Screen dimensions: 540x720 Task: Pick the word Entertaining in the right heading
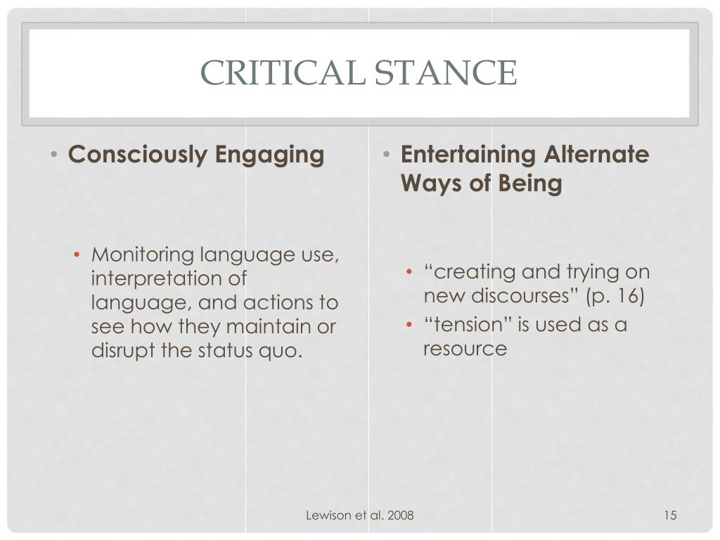coord(469,154)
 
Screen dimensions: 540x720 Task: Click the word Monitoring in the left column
coord(143,254)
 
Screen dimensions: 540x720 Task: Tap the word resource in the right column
coord(465,349)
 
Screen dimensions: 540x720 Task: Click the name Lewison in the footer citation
coord(328,516)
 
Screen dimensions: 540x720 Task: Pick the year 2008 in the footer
coord(399,516)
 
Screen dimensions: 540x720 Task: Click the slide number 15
coord(669,516)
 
